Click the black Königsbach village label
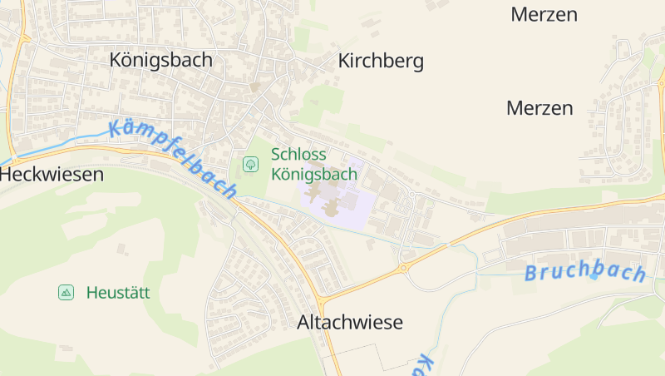pyautogui.click(x=161, y=60)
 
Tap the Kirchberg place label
pyautogui.click(x=381, y=61)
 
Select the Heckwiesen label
pyautogui.click(x=52, y=175)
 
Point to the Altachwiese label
pyautogui.click(x=350, y=323)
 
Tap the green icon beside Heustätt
pyautogui.click(x=66, y=292)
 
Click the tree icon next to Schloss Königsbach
pyautogui.click(x=250, y=165)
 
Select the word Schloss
pyautogui.click(x=298, y=155)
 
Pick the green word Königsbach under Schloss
pyautogui.click(x=314, y=175)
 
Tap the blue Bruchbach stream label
pyautogui.click(x=585, y=272)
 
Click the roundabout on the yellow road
pyautogui.click(x=403, y=268)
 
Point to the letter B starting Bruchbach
pyautogui.click(x=532, y=274)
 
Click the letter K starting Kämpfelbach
pyautogui.click(x=115, y=128)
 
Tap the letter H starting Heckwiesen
pyautogui.click(x=7, y=175)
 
